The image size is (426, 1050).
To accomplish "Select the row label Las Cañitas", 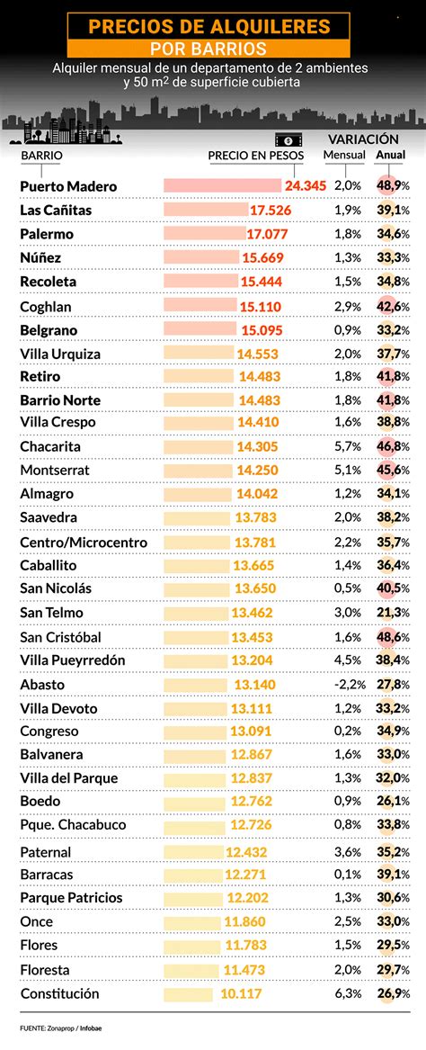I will (x=56, y=210).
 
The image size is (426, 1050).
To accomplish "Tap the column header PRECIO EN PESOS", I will (x=256, y=156).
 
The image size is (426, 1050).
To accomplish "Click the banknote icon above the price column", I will (x=286, y=139).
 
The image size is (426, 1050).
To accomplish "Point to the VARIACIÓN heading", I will (x=363, y=139).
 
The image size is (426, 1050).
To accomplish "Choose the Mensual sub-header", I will (x=344, y=155).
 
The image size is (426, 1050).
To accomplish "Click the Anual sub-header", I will (x=390, y=155).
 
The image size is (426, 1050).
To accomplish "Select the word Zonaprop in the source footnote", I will (x=59, y=1028).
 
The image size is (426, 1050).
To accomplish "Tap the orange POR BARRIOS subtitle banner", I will (x=213, y=48).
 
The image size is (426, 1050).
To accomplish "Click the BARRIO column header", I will (x=41, y=156).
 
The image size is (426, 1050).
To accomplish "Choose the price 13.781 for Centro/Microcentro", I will (x=255, y=542).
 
